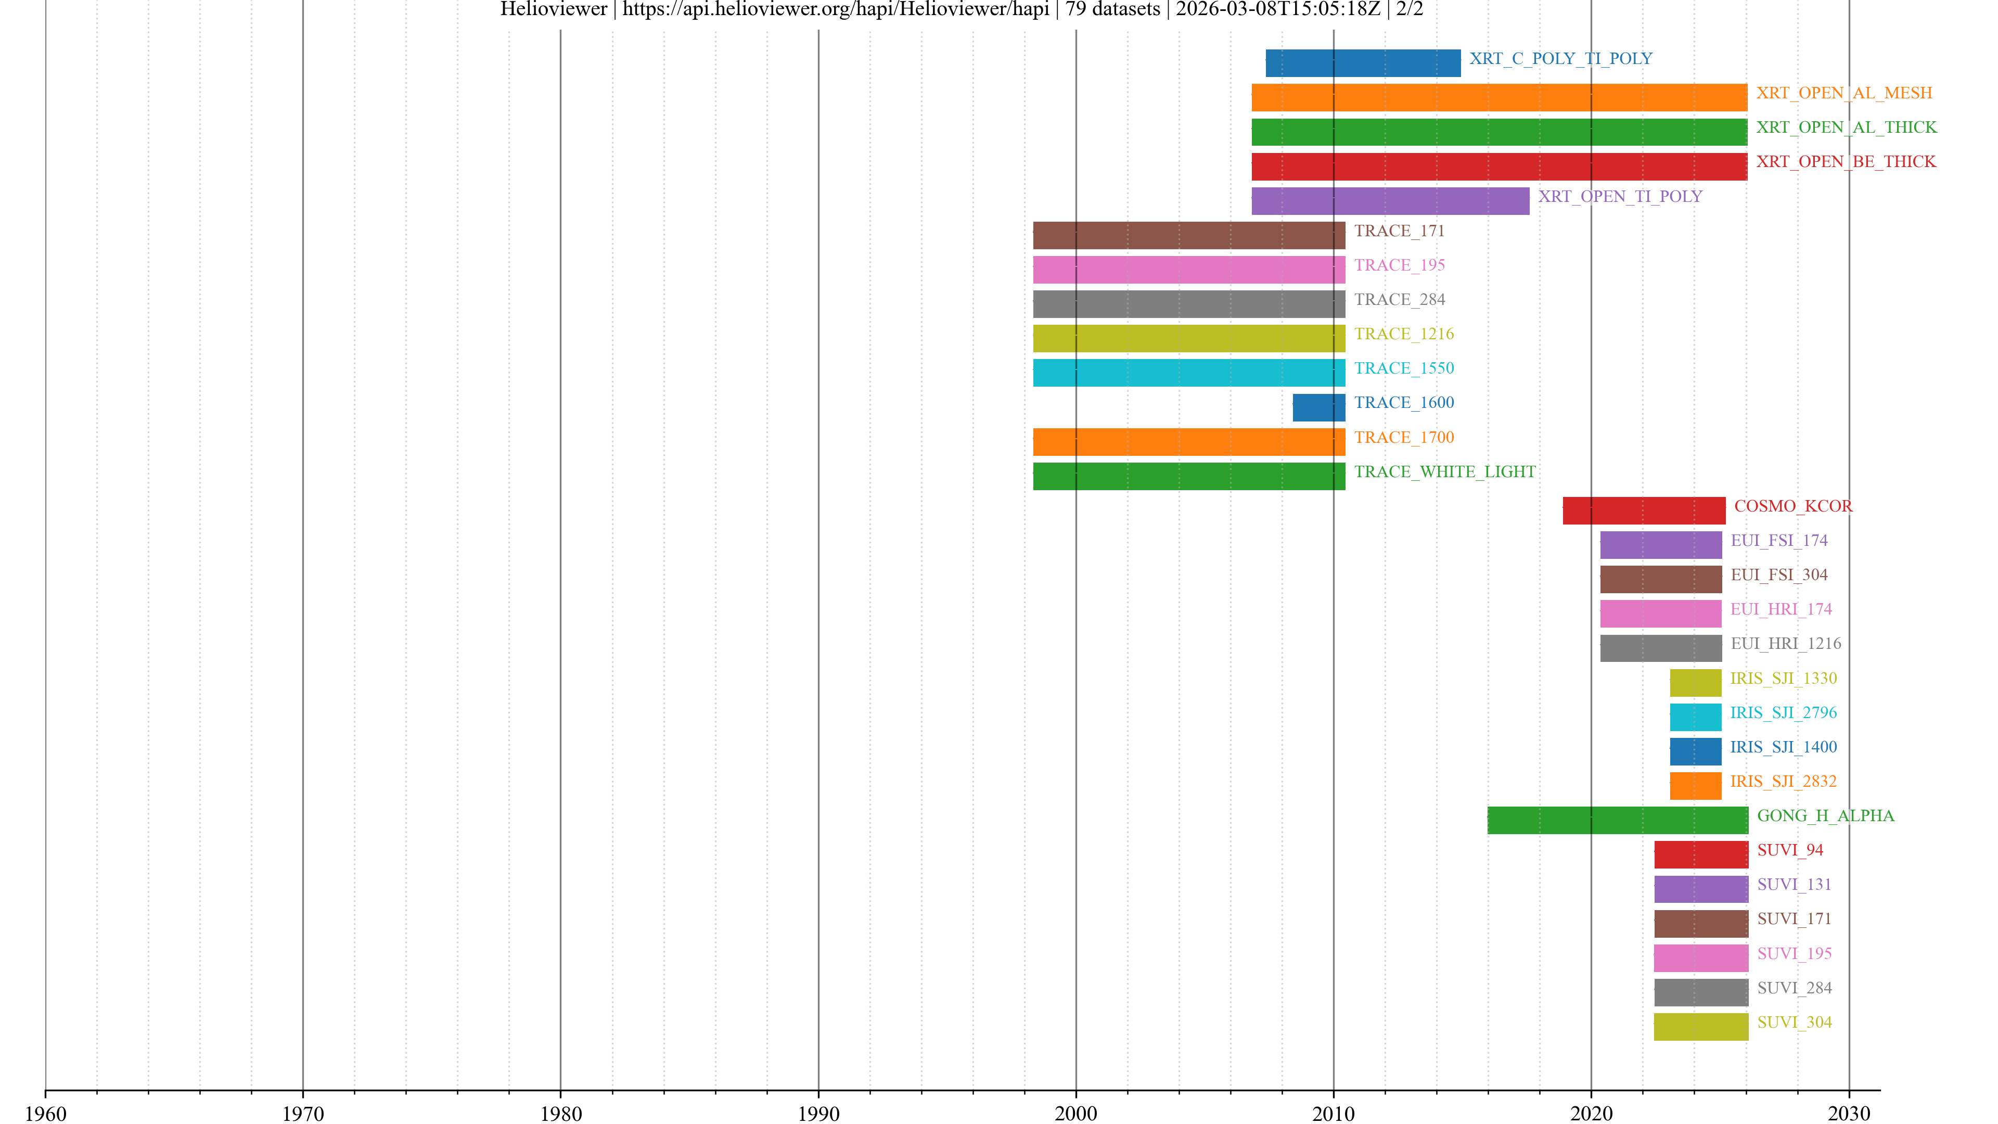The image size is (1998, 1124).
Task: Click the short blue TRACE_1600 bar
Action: tap(1318, 407)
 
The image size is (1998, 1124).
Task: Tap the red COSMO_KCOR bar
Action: tap(1644, 510)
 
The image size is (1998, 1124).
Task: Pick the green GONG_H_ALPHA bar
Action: tap(1617, 820)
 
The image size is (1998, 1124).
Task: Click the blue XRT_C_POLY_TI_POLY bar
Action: tap(1363, 63)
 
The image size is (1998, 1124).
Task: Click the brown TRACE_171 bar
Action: tap(1188, 235)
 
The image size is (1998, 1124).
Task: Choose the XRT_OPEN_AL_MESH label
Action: tap(1843, 93)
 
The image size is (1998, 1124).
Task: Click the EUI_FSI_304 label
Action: tap(1778, 575)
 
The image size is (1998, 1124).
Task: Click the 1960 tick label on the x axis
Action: tap(46, 1113)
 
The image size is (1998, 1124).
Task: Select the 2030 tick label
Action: tap(1848, 1113)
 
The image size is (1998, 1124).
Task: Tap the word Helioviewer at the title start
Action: tap(553, 9)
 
